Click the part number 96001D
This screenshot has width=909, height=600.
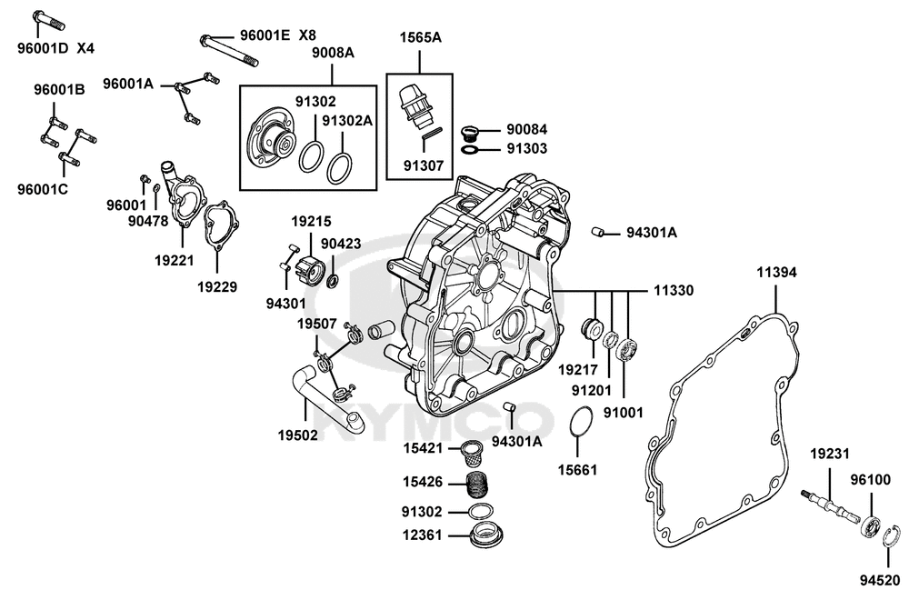pyautogui.click(x=43, y=47)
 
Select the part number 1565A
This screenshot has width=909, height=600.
pyautogui.click(x=420, y=38)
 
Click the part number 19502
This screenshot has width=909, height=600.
pyautogui.click(x=297, y=435)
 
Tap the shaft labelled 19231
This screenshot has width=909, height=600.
pyautogui.click(x=831, y=505)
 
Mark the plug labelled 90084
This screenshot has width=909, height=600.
pyautogui.click(x=470, y=131)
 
